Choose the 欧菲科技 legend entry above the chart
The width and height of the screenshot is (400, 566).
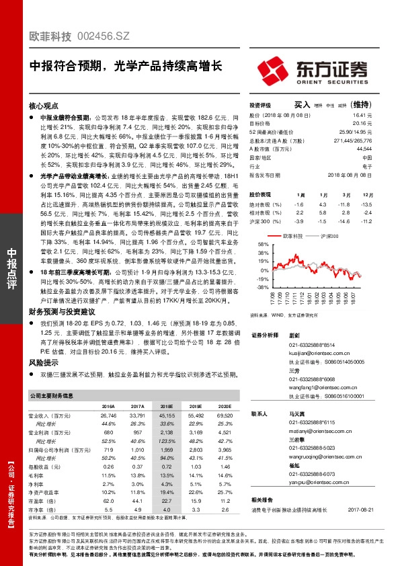(293, 237)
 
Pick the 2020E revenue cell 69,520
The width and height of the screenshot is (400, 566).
(224, 416)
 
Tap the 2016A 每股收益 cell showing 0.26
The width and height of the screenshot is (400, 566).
(108, 467)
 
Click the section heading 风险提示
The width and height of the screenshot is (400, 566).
(42, 362)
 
